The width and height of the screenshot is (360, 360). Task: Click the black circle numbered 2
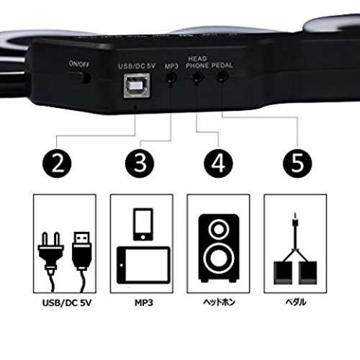point(57,163)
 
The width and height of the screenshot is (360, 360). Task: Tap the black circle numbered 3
point(140,163)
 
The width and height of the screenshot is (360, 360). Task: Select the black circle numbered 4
point(218,163)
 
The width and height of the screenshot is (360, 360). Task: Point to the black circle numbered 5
point(297,163)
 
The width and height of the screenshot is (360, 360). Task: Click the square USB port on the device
point(137,86)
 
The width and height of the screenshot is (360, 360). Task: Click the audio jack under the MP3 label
point(171,78)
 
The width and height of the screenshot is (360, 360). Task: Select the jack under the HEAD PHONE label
point(197,78)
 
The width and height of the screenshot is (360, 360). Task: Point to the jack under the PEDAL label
point(222,77)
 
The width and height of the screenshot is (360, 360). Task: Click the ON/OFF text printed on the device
point(79,64)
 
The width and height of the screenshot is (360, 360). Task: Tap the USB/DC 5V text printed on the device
point(137,66)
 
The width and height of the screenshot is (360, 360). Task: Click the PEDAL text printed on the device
point(222,66)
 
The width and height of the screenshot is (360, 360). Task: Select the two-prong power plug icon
point(50,261)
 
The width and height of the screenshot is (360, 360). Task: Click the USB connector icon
point(82,261)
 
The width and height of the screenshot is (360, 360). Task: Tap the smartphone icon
point(143,224)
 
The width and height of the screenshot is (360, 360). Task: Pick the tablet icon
point(143,265)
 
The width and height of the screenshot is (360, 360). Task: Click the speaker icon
point(219,248)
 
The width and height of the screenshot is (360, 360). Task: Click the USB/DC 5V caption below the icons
point(67,303)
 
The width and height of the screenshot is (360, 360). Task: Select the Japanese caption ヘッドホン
point(219,302)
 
